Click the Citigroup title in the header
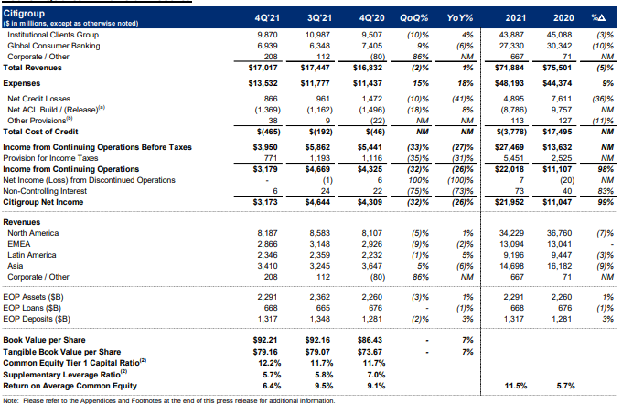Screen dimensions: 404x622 (25, 14)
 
